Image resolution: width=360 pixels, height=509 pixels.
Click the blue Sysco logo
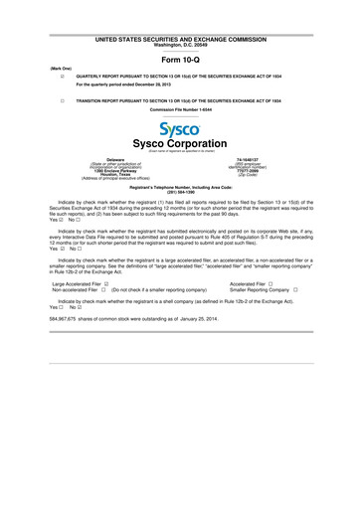[x=179, y=130]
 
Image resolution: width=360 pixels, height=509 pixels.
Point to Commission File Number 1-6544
[x=180, y=110]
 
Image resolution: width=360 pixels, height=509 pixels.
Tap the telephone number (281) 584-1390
[x=180, y=192]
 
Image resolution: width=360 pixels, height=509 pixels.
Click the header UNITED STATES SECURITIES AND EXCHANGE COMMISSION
[x=180, y=36]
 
